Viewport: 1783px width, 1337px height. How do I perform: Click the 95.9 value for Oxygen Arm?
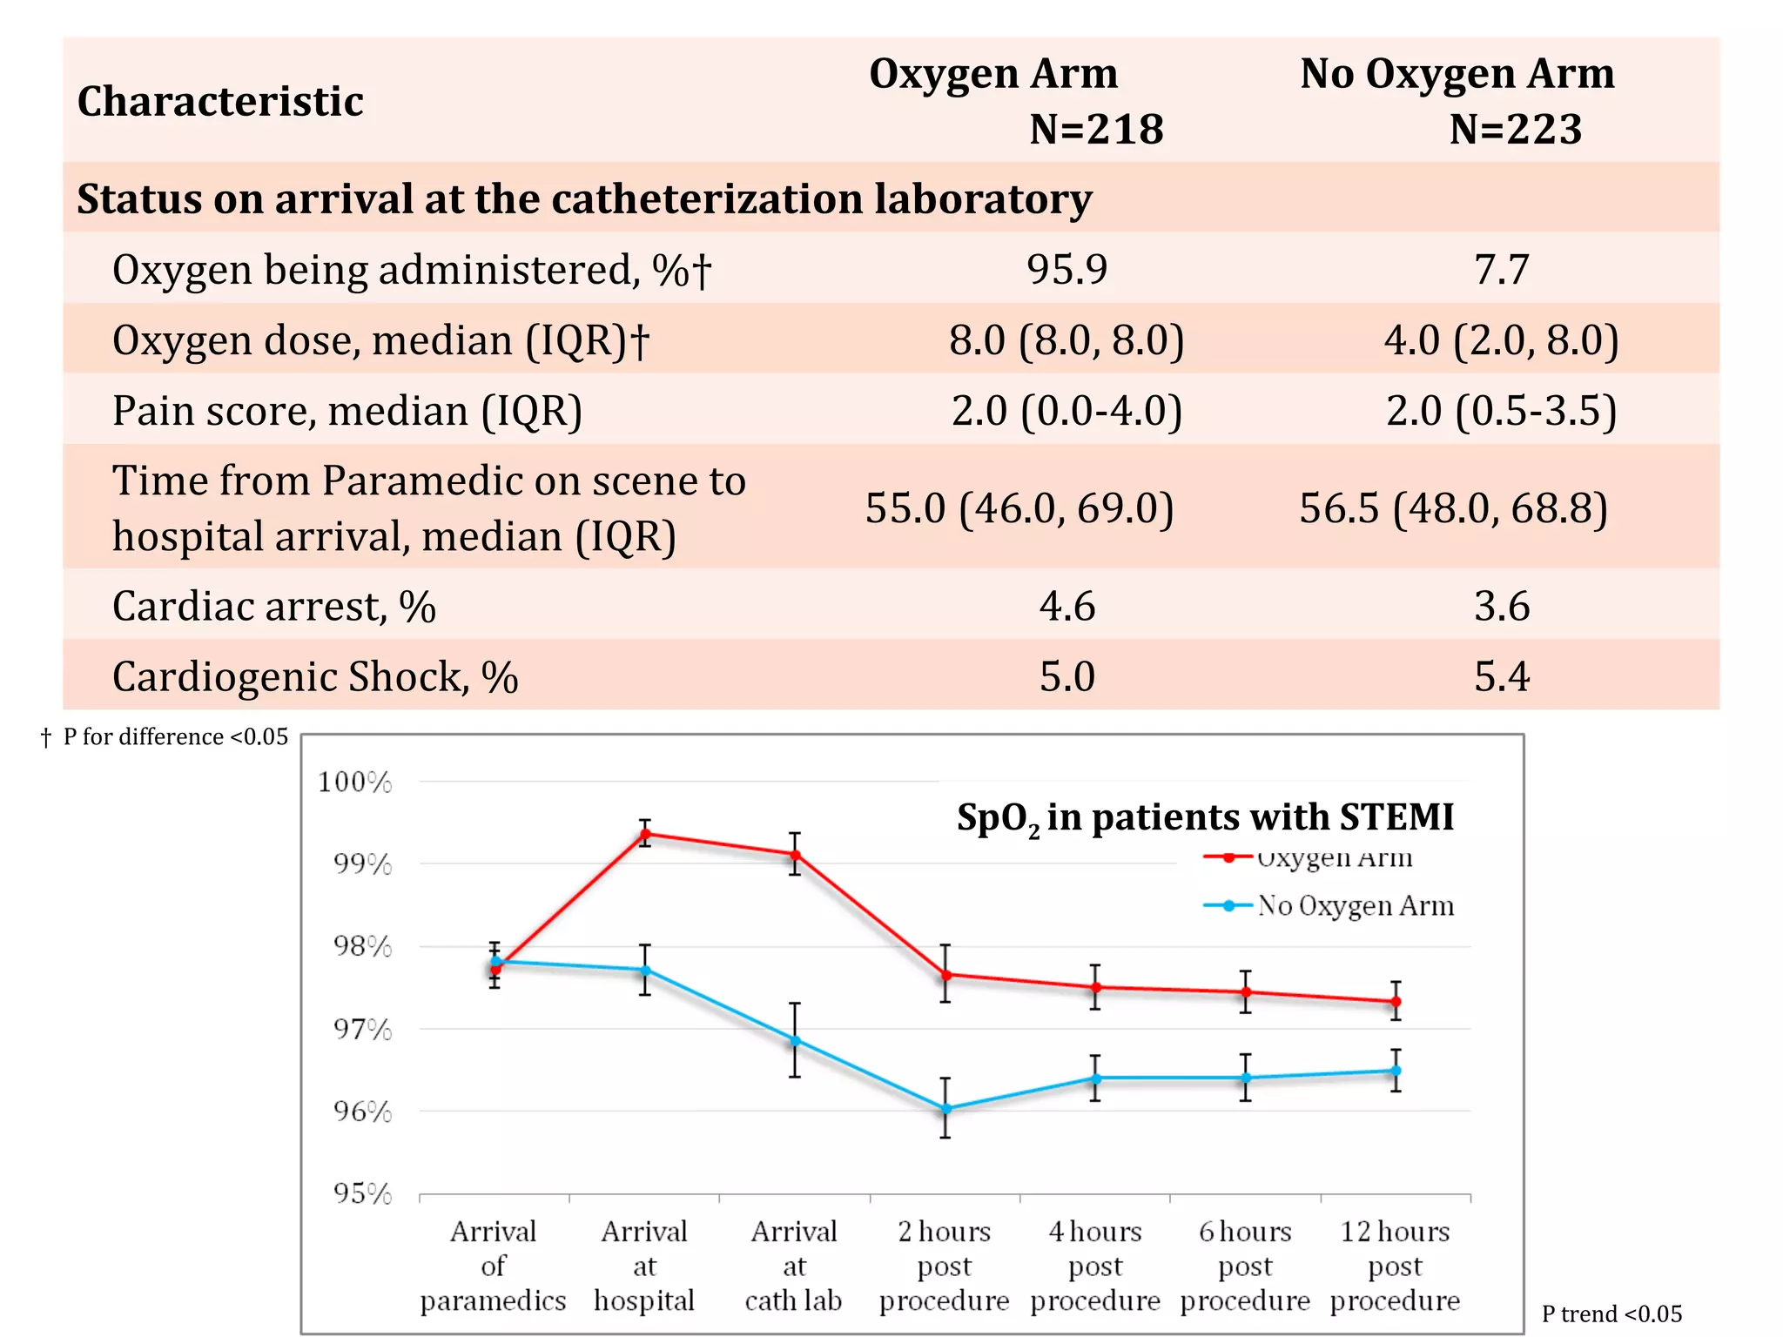coord(1066,269)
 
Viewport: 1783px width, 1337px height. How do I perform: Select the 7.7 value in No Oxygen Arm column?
coord(1501,269)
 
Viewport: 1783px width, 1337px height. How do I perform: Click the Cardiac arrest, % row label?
coord(273,606)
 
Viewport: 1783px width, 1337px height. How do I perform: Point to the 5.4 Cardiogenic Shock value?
coord(1501,676)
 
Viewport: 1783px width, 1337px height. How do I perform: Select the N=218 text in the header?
coord(1096,129)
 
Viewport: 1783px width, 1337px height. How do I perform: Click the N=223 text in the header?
coord(1515,129)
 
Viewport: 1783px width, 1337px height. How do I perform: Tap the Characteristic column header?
coord(220,101)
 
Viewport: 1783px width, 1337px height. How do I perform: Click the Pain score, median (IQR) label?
coord(347,410)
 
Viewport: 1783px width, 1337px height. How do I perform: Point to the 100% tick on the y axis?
coord(355,782)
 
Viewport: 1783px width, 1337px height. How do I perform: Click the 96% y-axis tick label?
coord(362,1112)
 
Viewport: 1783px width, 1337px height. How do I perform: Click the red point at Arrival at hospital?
coord(645,834)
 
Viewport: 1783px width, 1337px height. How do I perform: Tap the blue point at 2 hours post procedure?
coord(945,1109)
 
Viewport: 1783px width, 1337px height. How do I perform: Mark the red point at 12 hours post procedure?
coord(1396,1002)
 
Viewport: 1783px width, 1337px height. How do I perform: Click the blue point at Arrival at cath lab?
coord(795,1040)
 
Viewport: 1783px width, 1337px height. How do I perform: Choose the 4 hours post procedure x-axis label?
coord(1095,1266)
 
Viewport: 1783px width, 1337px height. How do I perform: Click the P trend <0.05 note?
coord(1611,1313)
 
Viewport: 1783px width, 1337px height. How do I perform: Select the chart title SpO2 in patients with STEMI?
coord(1205,817)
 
